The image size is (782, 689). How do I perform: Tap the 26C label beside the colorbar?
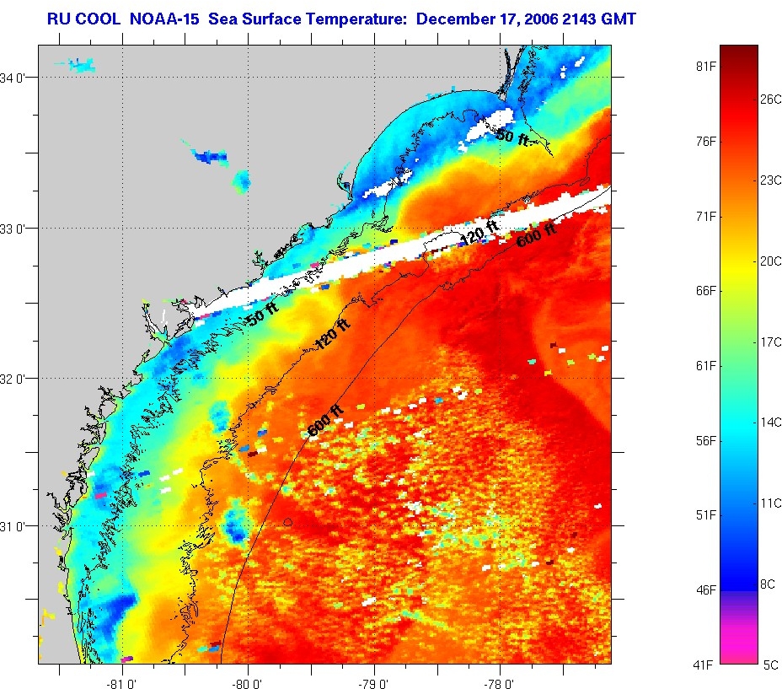point(771,98)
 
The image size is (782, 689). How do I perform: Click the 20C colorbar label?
point(771,261)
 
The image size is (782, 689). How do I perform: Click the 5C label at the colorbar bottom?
point(770,665)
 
